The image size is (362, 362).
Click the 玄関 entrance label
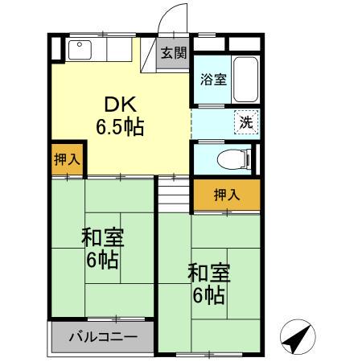[x=173, y=54]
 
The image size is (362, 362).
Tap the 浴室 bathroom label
[x=213, y=79]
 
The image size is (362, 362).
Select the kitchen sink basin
[x=80, y=50]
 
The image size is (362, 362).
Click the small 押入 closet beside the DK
[x=68, y=158]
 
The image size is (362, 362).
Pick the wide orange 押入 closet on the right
[x=226, y=194]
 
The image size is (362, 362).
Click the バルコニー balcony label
[x=102, y=338]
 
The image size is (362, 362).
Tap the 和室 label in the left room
[x=102, y=238]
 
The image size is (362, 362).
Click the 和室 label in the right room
[x=209, y=274]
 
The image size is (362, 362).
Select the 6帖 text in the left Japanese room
[x=102, y=260]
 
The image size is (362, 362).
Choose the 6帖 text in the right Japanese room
[x=209, y=295]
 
